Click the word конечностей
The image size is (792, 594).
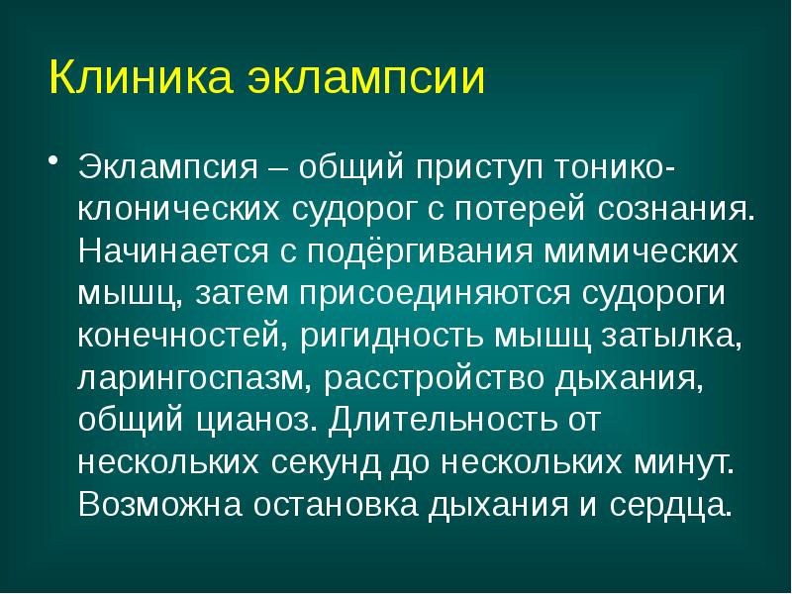coord(181,336)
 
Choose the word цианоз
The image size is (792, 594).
coord(260,421)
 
